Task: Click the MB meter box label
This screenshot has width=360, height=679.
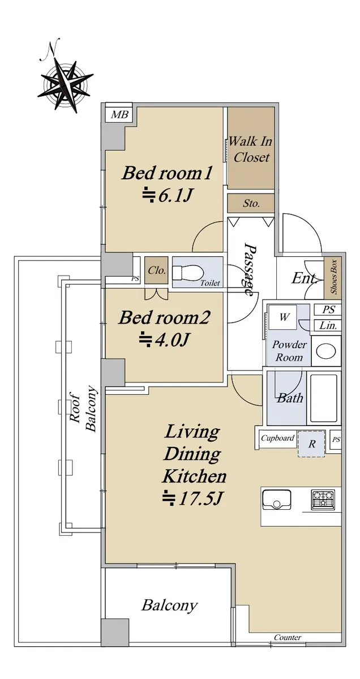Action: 120,114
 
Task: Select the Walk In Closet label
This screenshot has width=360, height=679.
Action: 251,149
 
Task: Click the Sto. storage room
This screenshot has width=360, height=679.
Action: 251,203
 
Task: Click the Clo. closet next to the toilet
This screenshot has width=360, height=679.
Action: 156,270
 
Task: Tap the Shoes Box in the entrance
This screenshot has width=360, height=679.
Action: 333,277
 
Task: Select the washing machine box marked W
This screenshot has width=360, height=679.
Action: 284,317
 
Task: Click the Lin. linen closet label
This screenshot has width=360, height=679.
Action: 328,325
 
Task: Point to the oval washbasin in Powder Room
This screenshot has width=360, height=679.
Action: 326,351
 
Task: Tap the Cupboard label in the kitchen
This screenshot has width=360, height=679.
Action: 277,438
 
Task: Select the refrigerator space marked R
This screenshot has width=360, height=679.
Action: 311,444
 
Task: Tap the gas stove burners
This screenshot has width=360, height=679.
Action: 323,499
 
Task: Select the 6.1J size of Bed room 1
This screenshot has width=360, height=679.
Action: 167,196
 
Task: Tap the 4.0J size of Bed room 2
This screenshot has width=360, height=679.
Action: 164,340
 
